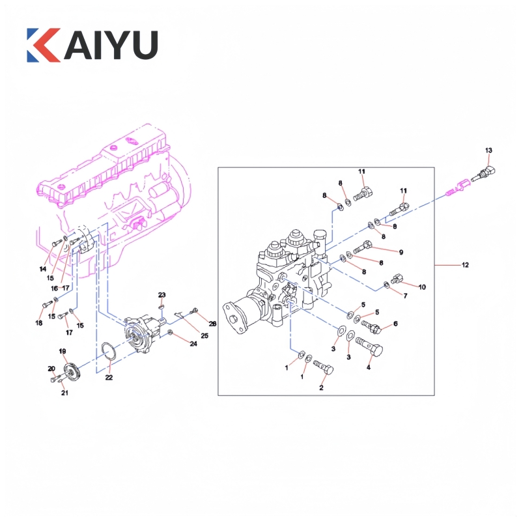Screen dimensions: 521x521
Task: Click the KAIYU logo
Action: click(x=92, y=45)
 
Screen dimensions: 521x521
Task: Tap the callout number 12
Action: click(x=465, y=265)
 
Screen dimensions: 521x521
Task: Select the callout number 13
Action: click(x=488, y=150)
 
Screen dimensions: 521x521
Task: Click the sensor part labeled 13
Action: click(x=483, y=174)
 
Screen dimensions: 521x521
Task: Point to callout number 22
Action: click(x=109, y=377)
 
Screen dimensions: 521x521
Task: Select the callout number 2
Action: click(x=321, y=387)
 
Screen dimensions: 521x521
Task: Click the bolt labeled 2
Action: click(x=323, y=367)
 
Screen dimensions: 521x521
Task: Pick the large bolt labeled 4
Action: click(x=369, y=346)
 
